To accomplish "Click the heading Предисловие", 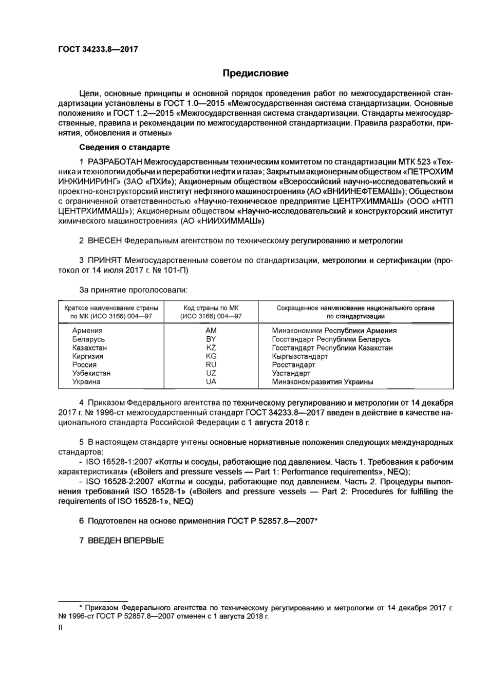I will click(x=255, y=73).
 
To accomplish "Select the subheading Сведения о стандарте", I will click(x=124, y=147).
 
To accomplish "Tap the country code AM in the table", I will click(x=211, y=331).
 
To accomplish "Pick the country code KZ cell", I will click(x=211, y=348).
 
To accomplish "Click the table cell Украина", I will click(x=86, y=381).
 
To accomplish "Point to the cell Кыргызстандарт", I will click(x=299, y=356).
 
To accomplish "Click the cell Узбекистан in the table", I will click(x=91, y=373).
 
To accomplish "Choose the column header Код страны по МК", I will click(x=211, y=308).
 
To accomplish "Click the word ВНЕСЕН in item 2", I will click(x=105, y=240).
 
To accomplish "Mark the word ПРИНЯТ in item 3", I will click(x=105, y=260).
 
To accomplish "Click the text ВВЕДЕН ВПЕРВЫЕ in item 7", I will click(x=126, y=540).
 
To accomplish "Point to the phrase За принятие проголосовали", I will click(x=133, y=290).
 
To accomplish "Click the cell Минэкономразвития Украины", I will click(x=322, y=381).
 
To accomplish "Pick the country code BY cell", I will click(x=211, y=339).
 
